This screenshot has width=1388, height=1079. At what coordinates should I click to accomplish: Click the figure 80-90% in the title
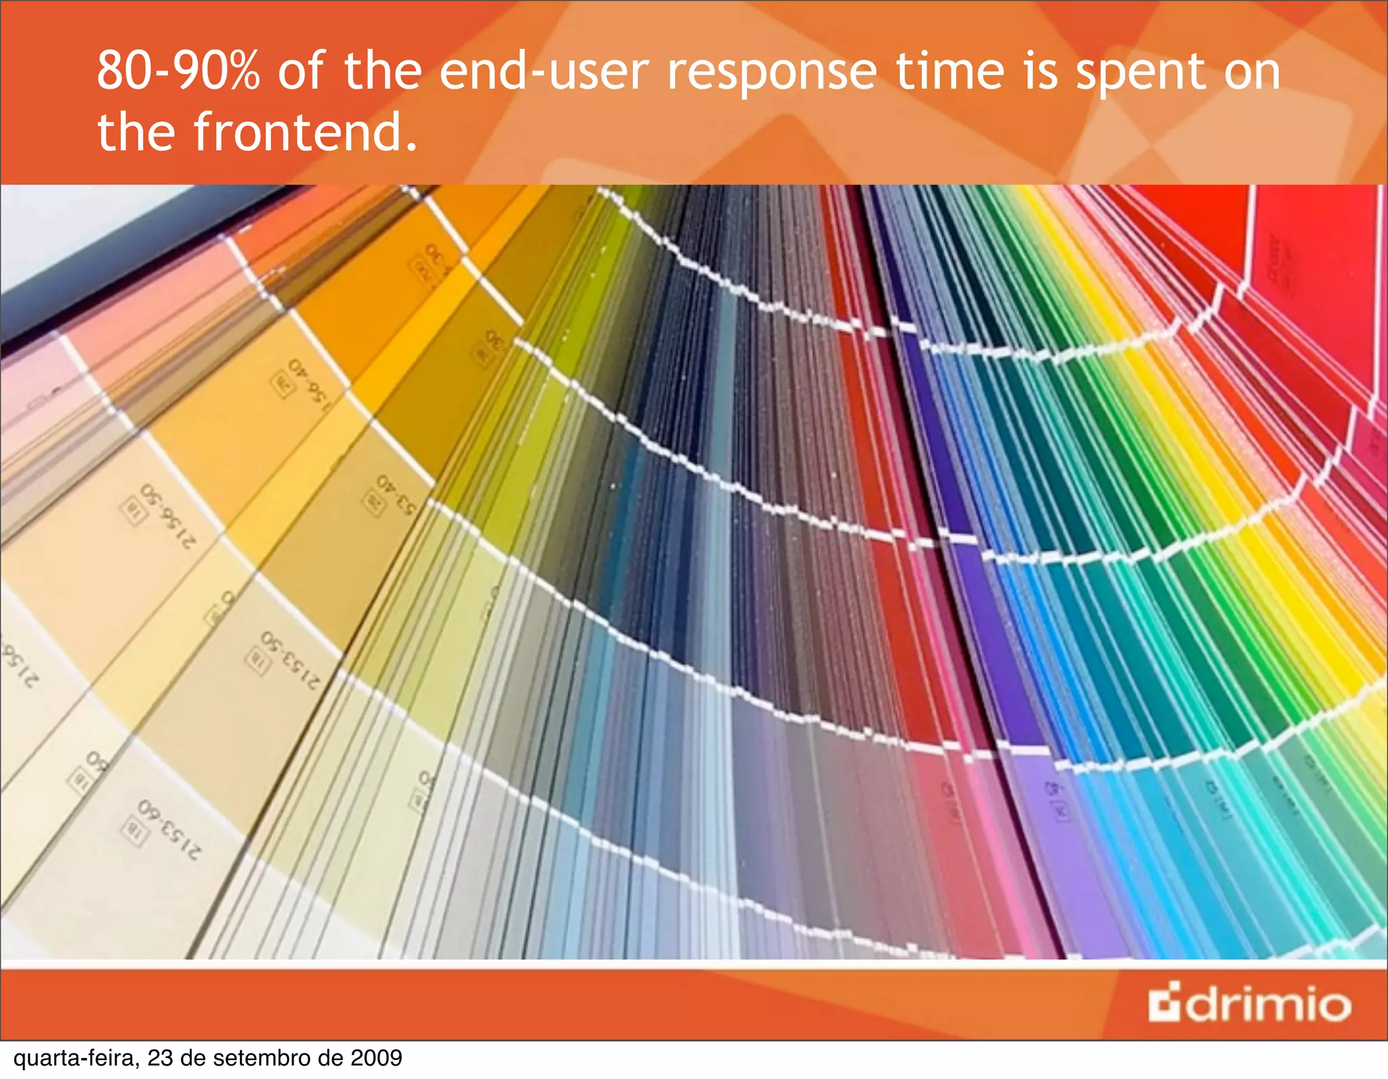coord(178,71)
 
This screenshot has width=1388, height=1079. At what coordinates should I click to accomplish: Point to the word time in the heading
coord(950,71)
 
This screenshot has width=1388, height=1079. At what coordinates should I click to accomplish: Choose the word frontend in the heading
coord(305,132)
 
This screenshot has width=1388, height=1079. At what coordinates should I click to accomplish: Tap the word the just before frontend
coord(137,132)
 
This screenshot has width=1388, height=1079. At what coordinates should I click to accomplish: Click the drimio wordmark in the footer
coord(1267,1004)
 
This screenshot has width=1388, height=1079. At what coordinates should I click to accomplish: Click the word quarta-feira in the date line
coord(76,1058)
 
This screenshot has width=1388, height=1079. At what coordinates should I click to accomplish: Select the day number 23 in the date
coord(160,1058)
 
